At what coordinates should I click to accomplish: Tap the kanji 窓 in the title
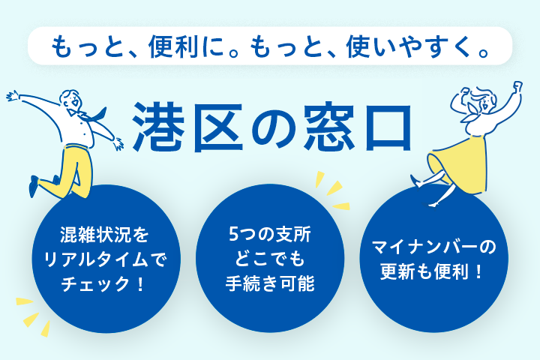point(331,123)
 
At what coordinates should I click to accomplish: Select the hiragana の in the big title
point(274,124)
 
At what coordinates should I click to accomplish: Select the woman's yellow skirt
point(460,158)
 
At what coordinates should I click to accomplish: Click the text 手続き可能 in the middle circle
point(269,285)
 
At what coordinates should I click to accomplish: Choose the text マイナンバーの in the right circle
point(434,247)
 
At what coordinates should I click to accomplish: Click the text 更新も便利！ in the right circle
point(434,273)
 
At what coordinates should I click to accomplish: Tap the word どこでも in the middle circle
point(269,260)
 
